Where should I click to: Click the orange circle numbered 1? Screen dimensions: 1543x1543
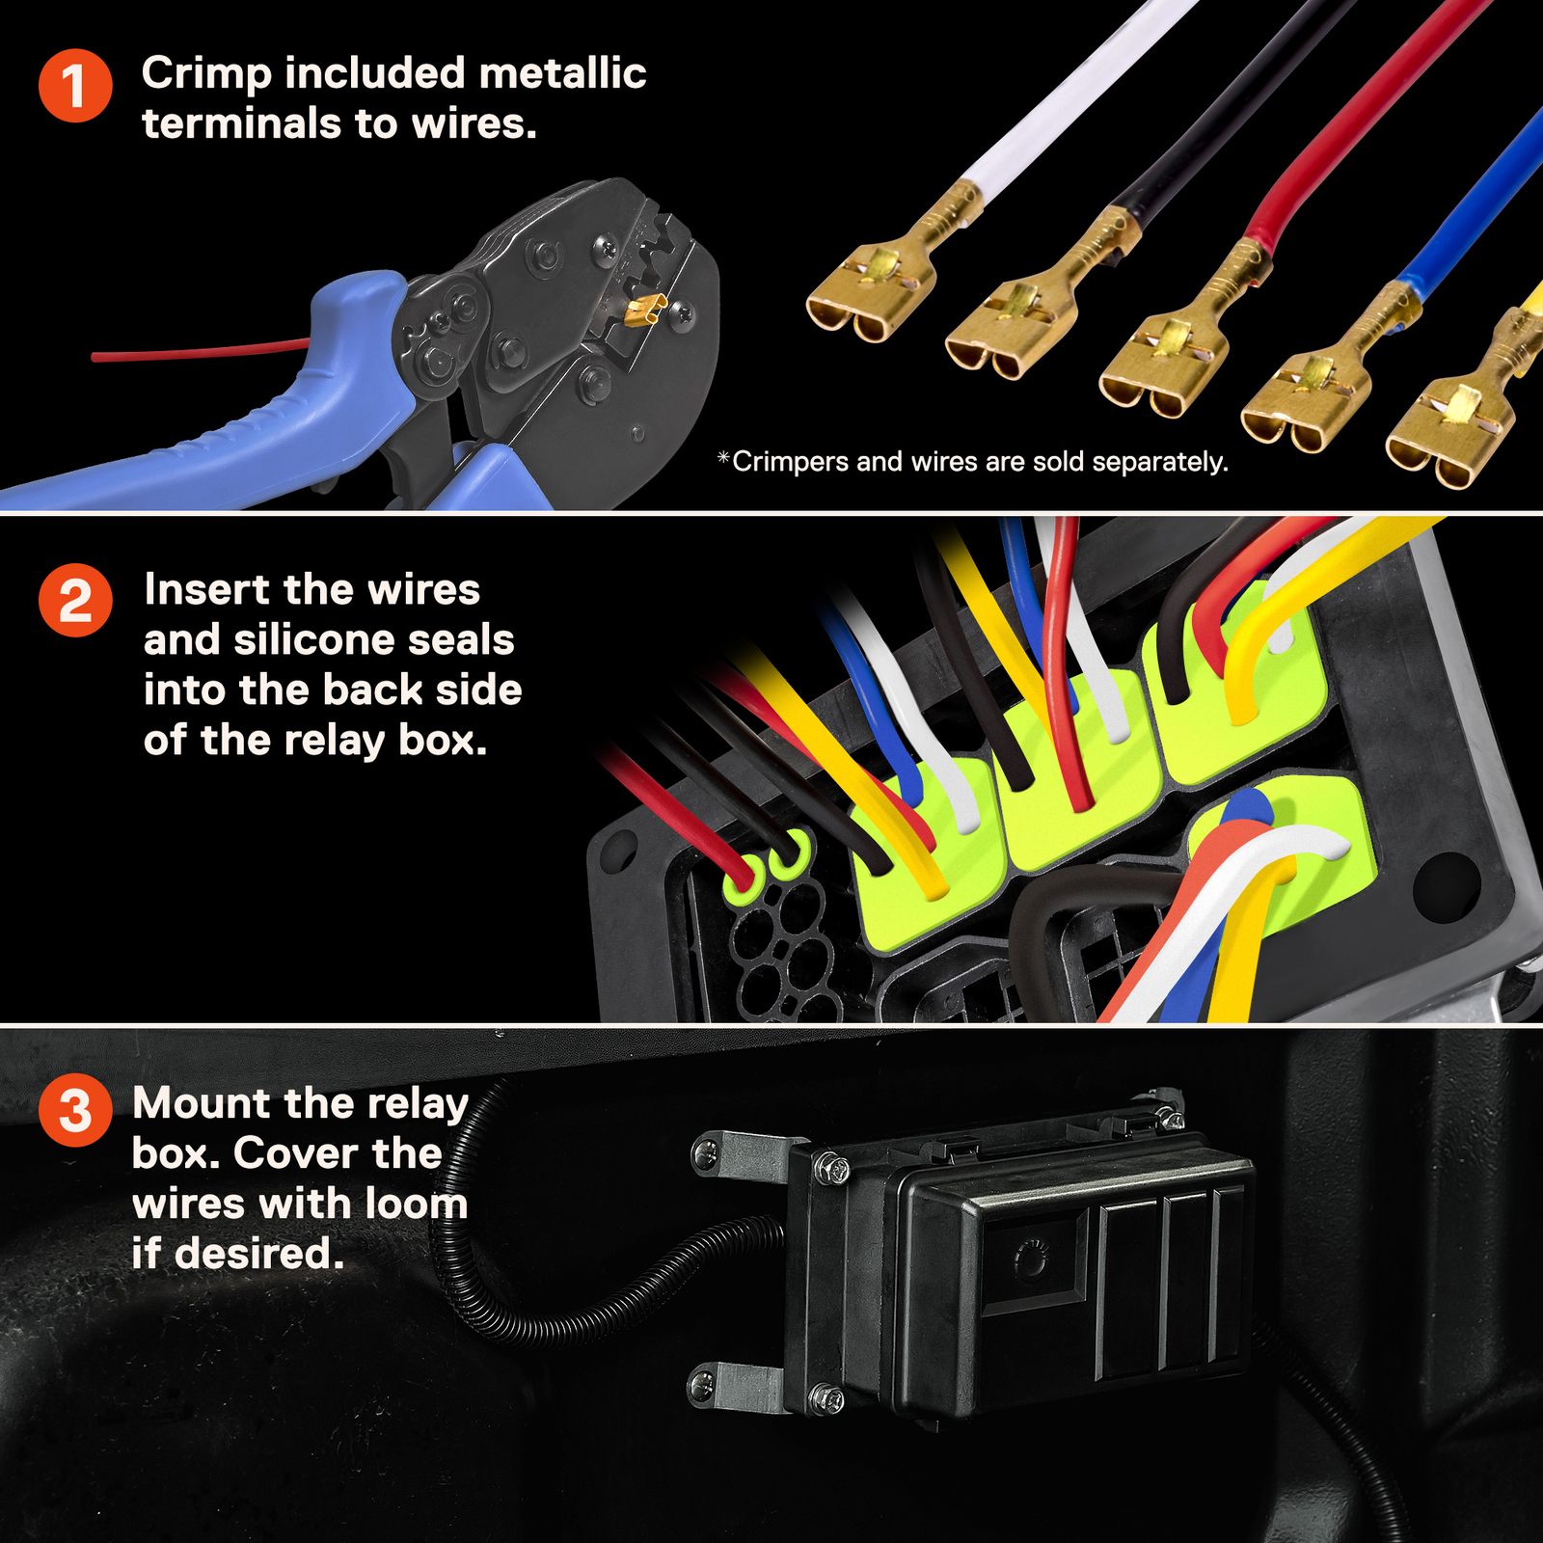[75, 86]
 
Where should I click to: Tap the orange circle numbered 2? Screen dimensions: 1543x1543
[75, 600]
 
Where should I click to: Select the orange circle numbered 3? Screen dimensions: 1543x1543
[75, 1110]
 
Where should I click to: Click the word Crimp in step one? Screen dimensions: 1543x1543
[205, 75]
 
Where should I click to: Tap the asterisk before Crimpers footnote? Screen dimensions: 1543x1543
[723, 458]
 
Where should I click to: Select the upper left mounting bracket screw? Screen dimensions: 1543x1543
[705, 1150]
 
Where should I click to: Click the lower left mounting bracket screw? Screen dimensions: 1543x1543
[701, 1387]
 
